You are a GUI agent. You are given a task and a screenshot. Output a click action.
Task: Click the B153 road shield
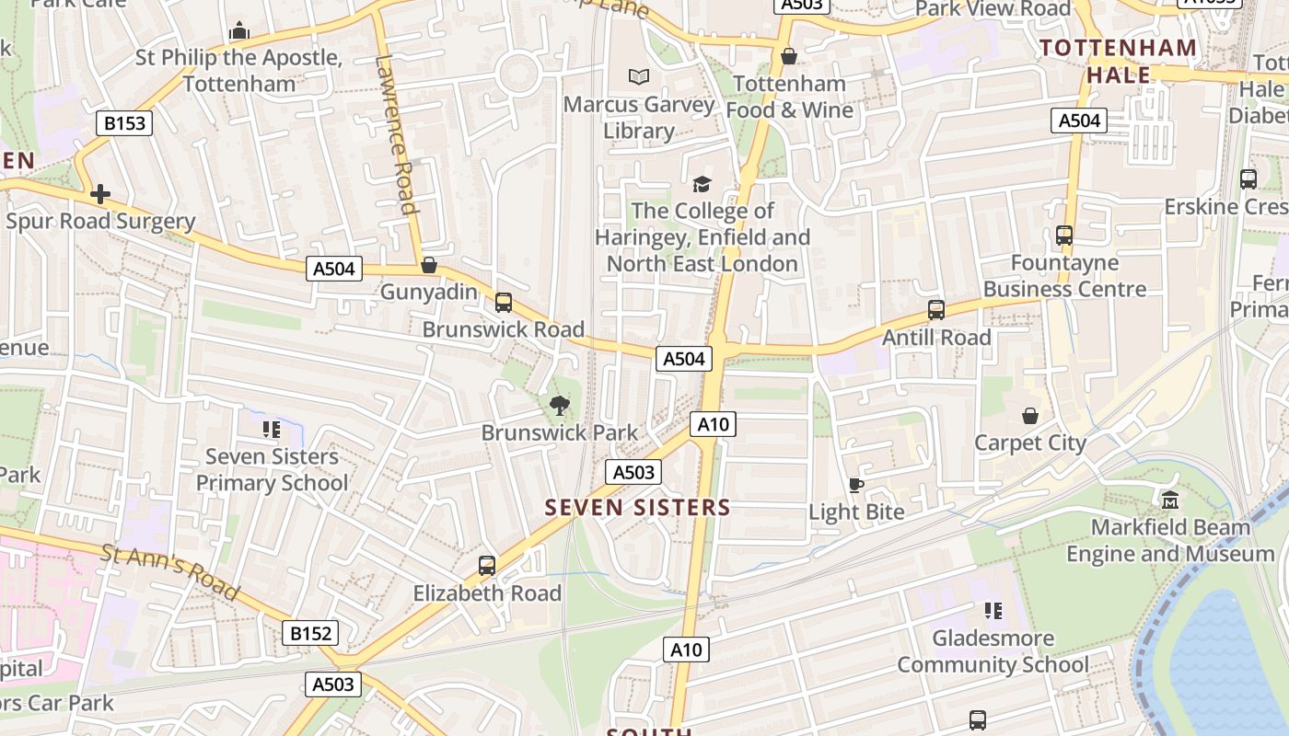(124, 123)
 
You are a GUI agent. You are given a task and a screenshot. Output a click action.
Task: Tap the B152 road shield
(309, 633)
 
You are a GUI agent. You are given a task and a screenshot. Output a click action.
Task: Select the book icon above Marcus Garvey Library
(638, 77)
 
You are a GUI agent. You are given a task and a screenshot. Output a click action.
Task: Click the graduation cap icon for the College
(702, 184)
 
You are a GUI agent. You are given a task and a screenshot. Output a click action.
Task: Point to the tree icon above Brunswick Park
(559, 405)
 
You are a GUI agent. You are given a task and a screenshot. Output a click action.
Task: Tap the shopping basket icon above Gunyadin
(428, 266)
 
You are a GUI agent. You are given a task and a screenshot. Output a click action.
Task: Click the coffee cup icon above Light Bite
(856, 485)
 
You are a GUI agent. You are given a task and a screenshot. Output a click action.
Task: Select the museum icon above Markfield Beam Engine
(1170, 500)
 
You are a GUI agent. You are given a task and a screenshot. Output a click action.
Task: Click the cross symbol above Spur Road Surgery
(99, 194)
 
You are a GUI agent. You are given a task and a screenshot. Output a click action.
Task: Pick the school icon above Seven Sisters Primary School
(271, 429)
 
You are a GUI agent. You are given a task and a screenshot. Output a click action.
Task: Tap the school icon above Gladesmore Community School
(993, 611)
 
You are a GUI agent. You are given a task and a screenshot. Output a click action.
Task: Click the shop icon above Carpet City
(1030, 417)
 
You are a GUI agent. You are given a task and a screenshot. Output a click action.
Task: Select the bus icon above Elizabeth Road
(487, 566)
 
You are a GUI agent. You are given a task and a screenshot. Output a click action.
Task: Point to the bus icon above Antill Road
(936, 310)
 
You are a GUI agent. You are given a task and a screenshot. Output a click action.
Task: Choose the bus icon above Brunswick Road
(503, 302)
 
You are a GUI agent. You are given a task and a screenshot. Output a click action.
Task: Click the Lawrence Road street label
(397, 133)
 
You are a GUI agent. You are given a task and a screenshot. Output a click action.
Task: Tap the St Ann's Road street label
(170, 571)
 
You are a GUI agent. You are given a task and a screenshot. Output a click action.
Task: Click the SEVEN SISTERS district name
(637, 507)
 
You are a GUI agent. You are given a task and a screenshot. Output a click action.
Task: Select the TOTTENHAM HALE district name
(1118, 61)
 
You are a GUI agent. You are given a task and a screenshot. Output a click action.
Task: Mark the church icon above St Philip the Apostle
(239, 31)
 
